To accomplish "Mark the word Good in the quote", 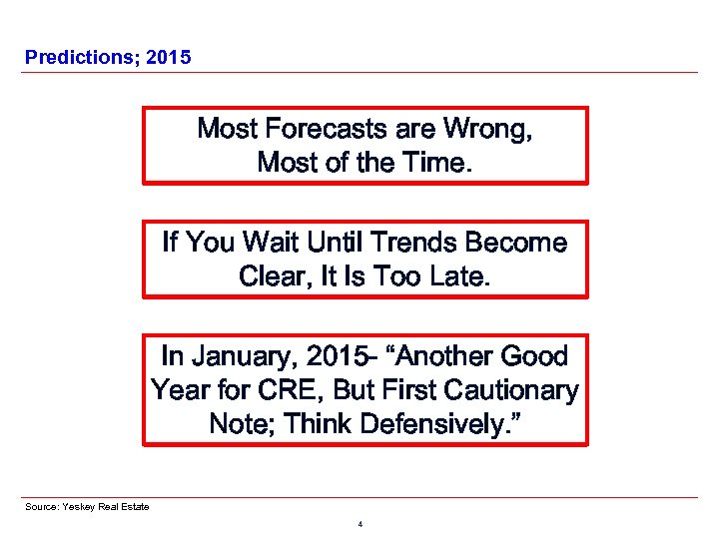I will tap(533, 356).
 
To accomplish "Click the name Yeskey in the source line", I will tap(78, 507).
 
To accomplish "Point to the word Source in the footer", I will tap(42, 507).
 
